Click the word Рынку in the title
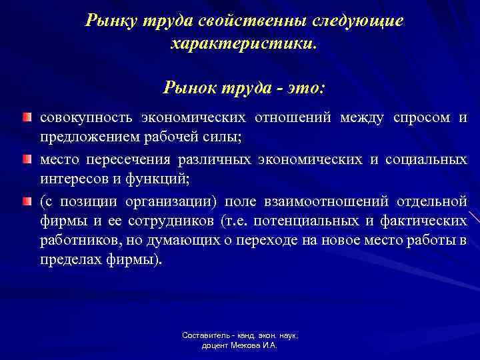(109, 21)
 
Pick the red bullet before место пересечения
(26, 160)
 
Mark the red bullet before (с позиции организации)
(26, 202)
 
